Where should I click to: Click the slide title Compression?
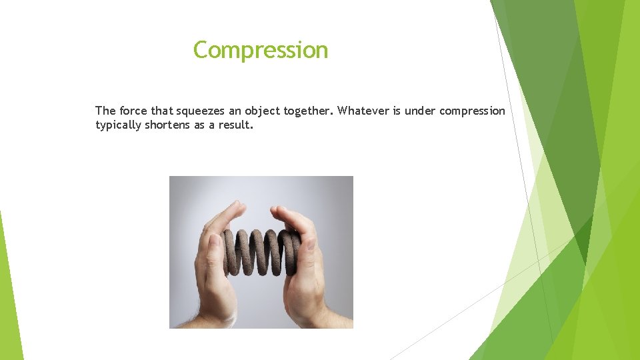pos(261,50)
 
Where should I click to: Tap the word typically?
pos(117,125)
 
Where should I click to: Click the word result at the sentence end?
pos(236,125)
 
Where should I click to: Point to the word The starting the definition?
pos(105,111)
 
